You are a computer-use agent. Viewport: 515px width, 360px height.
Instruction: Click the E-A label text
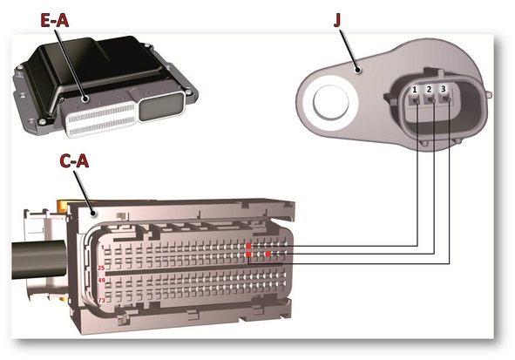tap(55, 20)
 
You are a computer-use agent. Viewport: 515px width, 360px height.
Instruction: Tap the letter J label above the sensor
tap(337, 20)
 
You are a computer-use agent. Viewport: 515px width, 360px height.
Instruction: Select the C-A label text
tap(74, 160)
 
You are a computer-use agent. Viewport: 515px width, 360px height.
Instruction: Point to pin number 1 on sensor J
tap(415, 89)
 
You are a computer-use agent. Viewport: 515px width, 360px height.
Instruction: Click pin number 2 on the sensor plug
tap(429, 89)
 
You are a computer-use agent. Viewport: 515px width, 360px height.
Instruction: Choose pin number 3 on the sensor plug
tap(443, 89)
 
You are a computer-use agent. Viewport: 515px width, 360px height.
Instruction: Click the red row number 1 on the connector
tap(103, 247)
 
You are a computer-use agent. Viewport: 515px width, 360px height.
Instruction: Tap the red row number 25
tap(101, 268)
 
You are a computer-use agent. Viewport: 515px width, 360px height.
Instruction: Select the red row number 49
tap(101, 280)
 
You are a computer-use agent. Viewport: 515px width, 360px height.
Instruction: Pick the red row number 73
tap(101, 300)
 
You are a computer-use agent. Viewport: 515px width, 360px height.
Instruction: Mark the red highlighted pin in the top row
tap(248, 246)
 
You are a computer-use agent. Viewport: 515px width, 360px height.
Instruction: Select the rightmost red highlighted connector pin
tap(268, 254)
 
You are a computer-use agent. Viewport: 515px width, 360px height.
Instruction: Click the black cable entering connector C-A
tap(39, 260)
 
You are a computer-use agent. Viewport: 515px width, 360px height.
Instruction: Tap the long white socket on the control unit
tap(101, 119)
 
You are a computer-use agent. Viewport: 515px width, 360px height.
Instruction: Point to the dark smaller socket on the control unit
tap(161, 106)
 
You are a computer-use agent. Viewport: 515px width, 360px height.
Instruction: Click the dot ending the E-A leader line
tap(86, 98)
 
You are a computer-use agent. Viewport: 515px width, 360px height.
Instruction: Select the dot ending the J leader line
tap(357, 70)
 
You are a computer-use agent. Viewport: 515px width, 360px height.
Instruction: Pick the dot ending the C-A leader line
tap(94, 214)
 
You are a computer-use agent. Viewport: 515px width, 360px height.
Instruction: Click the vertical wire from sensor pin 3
tap(449, 181)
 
